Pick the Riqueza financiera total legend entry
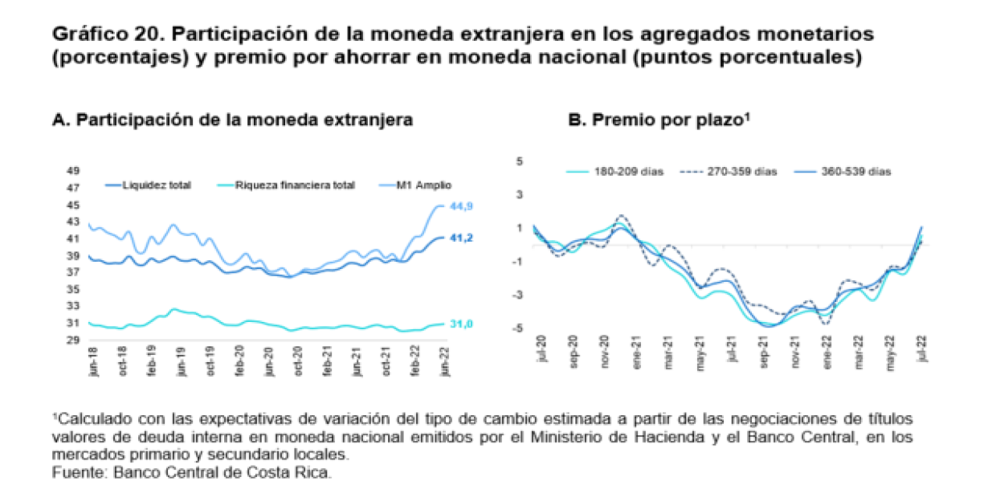tap(294, 185)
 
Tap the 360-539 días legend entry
tap(859, 172)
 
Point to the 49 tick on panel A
tap(72, 170)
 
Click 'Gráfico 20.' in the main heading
tap(107, 35)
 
